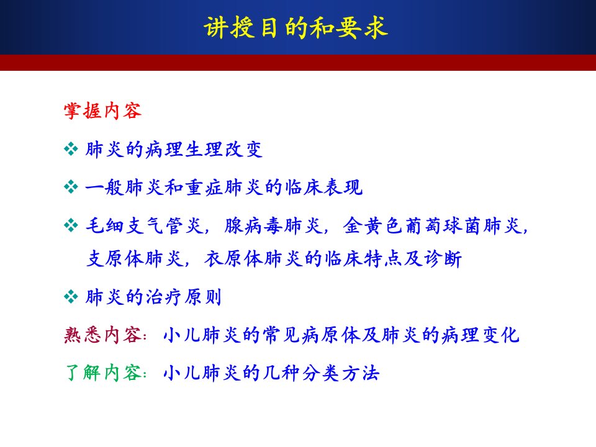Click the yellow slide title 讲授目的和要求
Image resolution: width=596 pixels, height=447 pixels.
click(x=296, y=28)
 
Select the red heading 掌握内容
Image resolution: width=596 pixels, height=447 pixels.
click(x=102, y=111)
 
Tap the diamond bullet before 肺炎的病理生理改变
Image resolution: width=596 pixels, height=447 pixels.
click(x=71, y=149)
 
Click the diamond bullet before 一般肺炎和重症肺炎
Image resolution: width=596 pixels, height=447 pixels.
click(x=71, y=187)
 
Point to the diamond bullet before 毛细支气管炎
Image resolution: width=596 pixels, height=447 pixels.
click(x=71, y=225)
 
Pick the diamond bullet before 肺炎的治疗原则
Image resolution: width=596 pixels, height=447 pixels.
click(x=71, y=297)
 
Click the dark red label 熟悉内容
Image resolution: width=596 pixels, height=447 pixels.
click(x=102, y=335)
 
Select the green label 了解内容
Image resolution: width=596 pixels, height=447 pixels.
click(x=102, y=372)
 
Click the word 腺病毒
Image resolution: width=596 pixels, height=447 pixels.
click(x=253, y=225)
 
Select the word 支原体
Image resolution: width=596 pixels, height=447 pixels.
click(x=115, y=258)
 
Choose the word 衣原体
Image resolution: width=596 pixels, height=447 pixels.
click(x=234, y=258)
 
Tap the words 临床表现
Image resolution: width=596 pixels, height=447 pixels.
click(x=323, y=187)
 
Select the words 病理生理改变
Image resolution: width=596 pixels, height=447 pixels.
click(x=204, y=150)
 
